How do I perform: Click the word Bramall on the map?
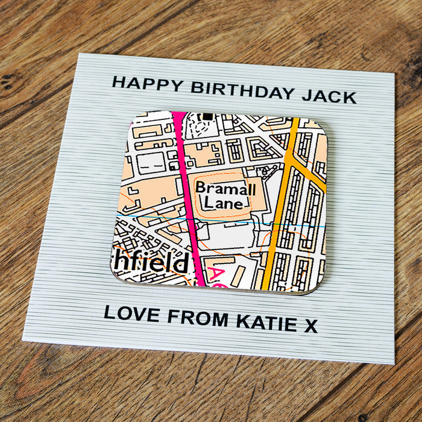pyautogui.click(x=225, y=188)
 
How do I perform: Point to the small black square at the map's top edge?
pyautogui.click(x=209, y=115)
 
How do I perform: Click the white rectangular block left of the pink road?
pyautogui.click(x=151, y=162)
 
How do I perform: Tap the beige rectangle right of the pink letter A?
pyautogui.click(x=239, y=275)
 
